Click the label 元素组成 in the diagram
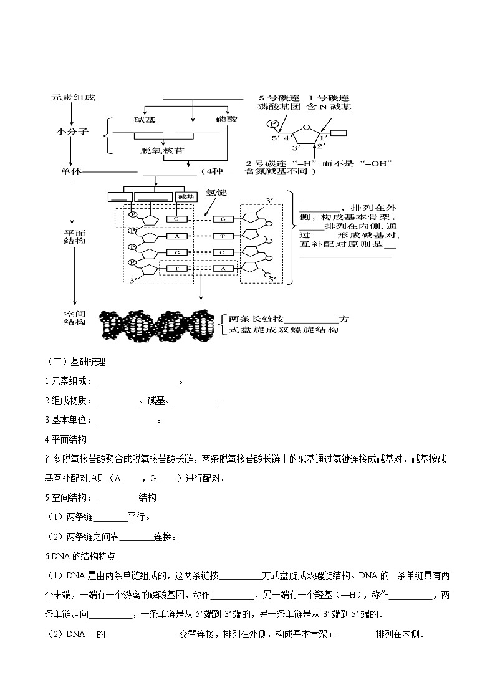(74, 98)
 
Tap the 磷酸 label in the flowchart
(226, 118)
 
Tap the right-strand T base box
(223, 236)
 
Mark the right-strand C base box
(223, 252)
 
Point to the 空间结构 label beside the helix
(74, 319)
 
